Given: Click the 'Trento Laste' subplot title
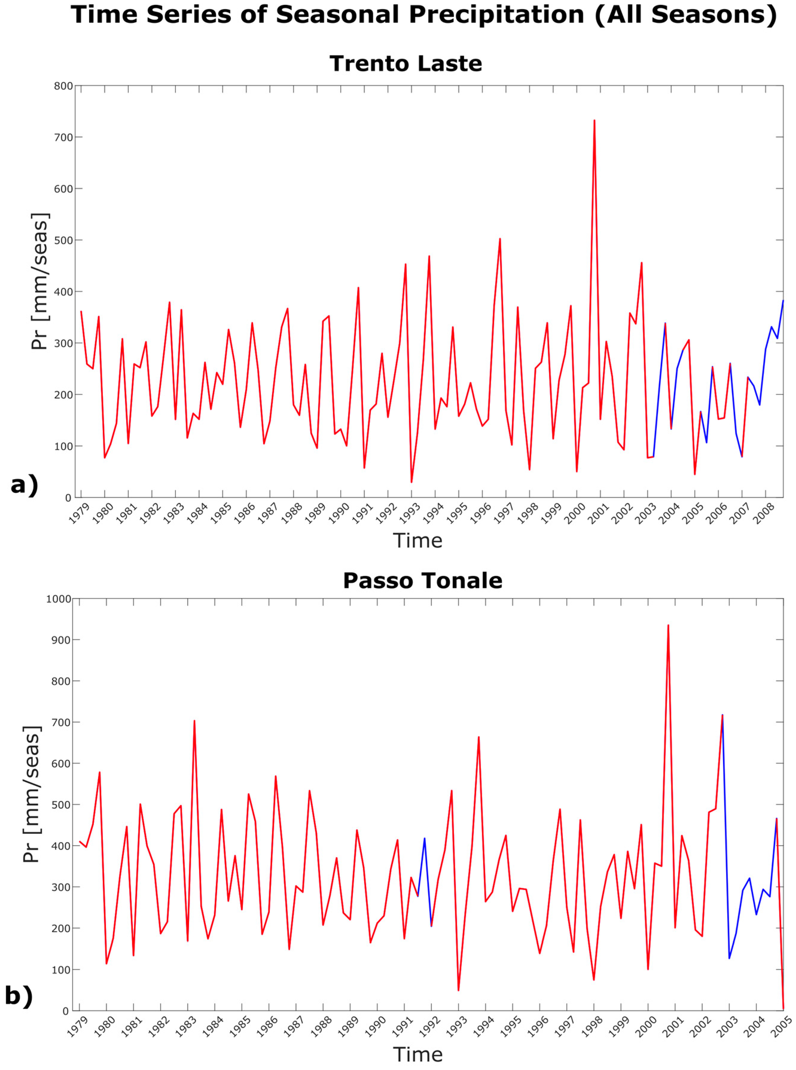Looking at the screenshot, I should (406, 64).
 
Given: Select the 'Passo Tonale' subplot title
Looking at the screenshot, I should (422, 581).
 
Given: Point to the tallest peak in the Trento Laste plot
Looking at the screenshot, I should (594, 121).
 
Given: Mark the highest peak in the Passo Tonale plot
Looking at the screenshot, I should (668, 626).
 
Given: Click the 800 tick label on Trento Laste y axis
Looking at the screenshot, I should (63, 86).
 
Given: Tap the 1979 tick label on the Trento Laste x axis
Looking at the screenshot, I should (79, 514).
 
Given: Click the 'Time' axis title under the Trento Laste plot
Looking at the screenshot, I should (417, 541).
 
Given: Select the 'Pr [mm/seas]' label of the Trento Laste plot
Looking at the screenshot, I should (39, 281).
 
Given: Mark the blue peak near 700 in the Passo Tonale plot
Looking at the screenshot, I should (722, 715).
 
